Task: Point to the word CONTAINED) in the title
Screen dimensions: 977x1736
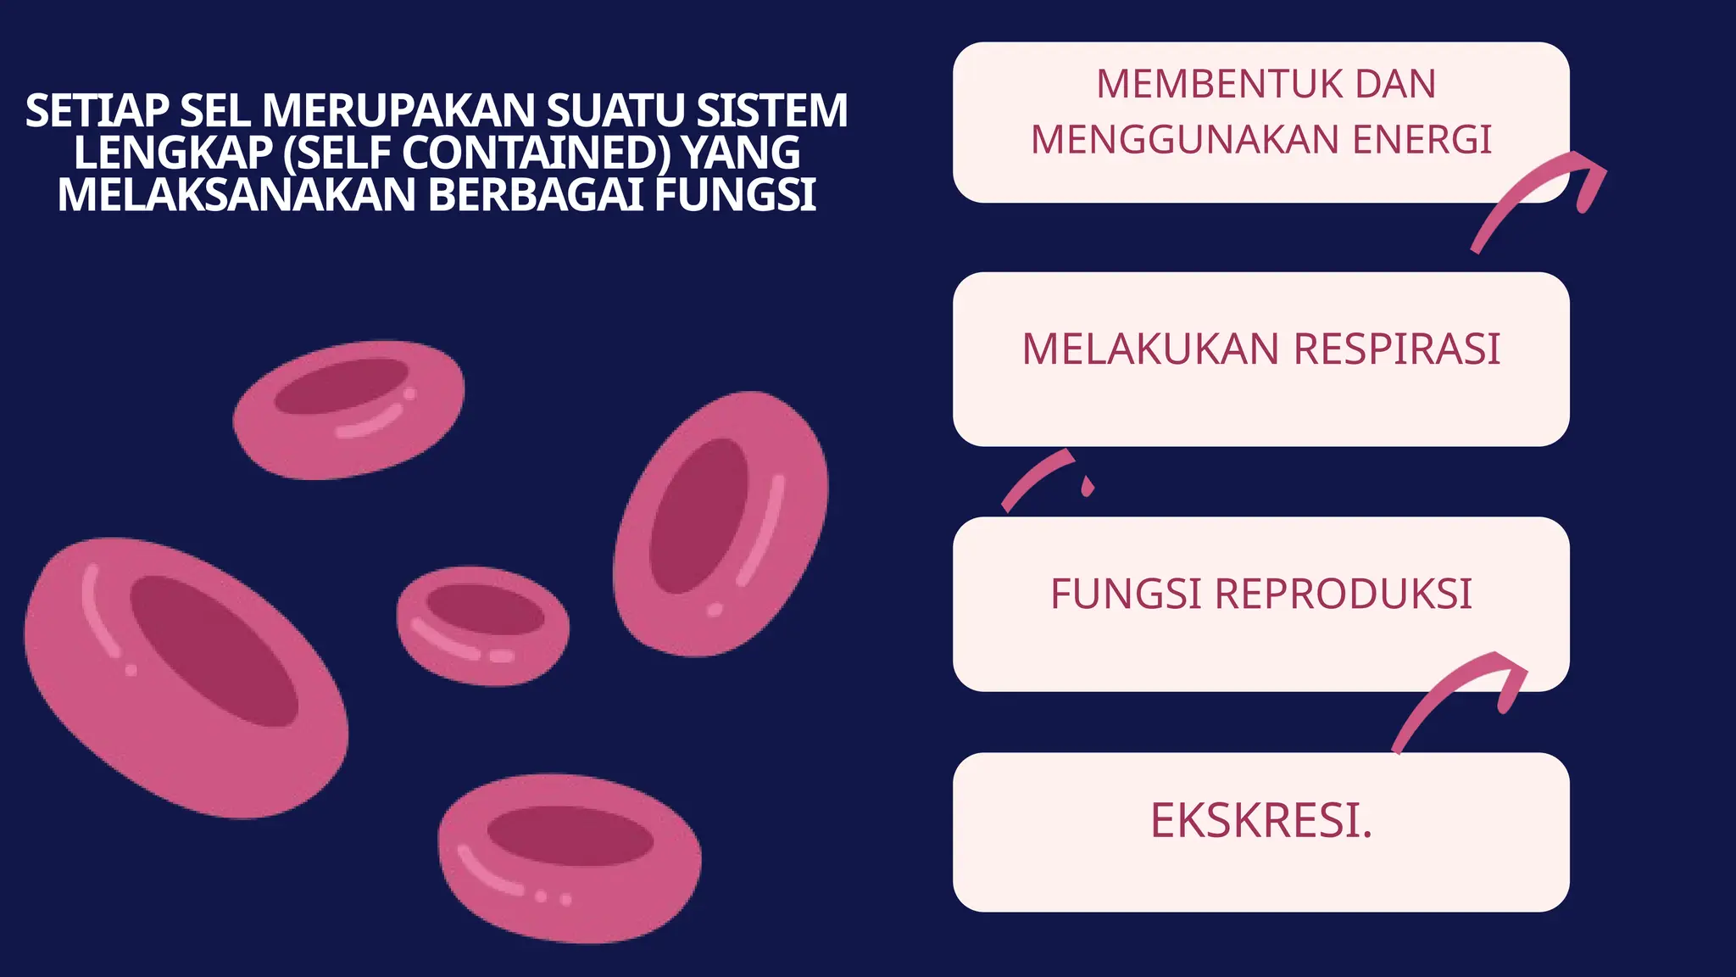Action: coord(536,154)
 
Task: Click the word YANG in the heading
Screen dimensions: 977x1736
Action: coord(741,154)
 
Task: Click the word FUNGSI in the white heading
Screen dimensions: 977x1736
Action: coord(735,195)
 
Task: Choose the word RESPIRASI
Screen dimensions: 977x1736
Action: coord(1397,349)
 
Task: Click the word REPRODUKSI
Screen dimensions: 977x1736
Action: coord(1343,594)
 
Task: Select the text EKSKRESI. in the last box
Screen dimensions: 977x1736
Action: coord(1260,821)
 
